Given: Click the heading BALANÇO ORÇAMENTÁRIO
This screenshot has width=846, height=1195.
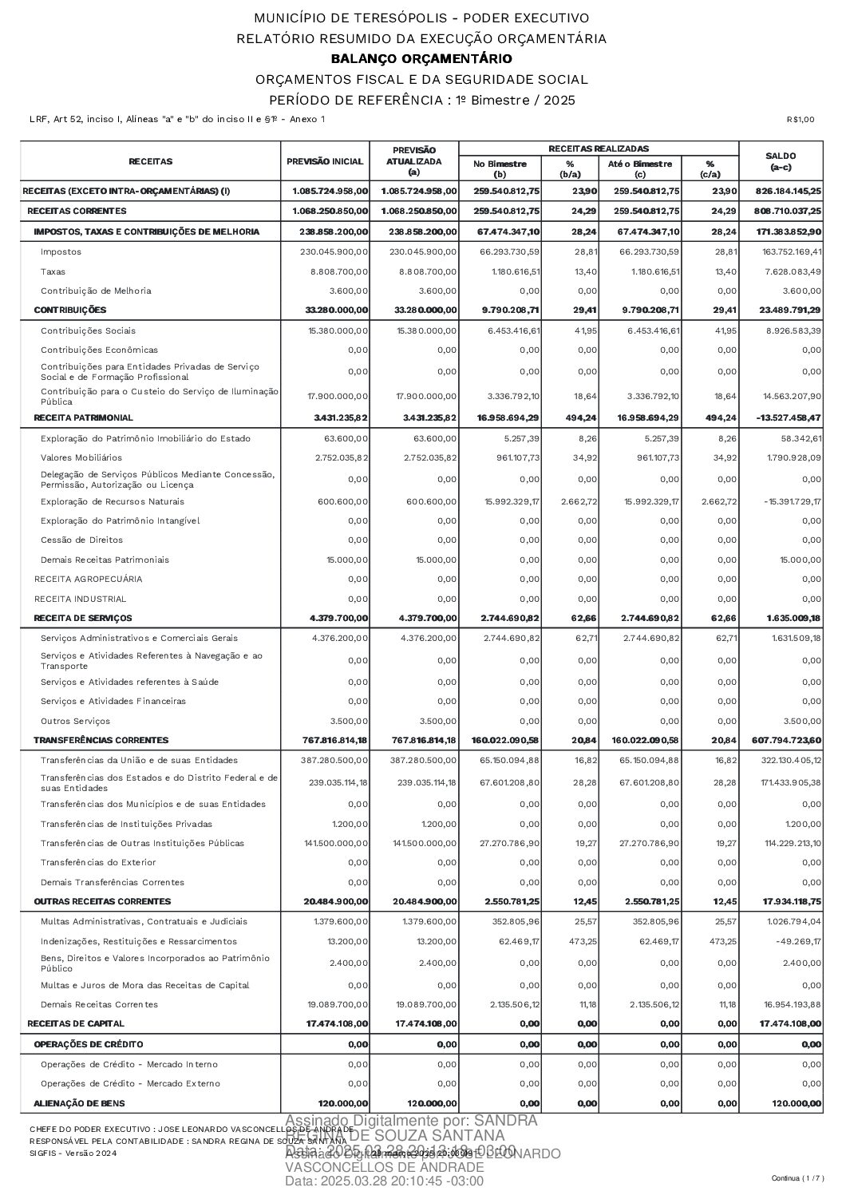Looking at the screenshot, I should coord(421,59).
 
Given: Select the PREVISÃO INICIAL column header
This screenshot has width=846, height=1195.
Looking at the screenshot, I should coord(325,161).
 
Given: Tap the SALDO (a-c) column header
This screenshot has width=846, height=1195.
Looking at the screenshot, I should coord(780,161).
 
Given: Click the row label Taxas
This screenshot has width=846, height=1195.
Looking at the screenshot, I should coord(53,271).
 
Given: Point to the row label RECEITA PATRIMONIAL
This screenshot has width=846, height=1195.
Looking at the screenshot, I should coord(83,417).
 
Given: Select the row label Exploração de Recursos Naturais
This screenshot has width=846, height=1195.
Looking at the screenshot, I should coord(113,501).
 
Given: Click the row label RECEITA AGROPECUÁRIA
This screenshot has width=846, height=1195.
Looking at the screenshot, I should coord(77,579).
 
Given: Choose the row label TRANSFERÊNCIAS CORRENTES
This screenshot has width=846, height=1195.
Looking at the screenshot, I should coord(101,740).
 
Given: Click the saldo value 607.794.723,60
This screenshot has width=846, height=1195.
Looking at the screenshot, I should coord(786,740).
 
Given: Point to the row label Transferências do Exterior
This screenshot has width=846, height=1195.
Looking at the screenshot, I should coord(98,862).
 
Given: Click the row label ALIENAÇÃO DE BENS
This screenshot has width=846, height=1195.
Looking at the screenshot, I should coord(79,1102).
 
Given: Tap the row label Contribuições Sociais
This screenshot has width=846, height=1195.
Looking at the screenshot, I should coord(88,330).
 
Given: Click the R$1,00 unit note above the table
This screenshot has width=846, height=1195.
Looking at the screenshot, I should coord(800,120).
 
